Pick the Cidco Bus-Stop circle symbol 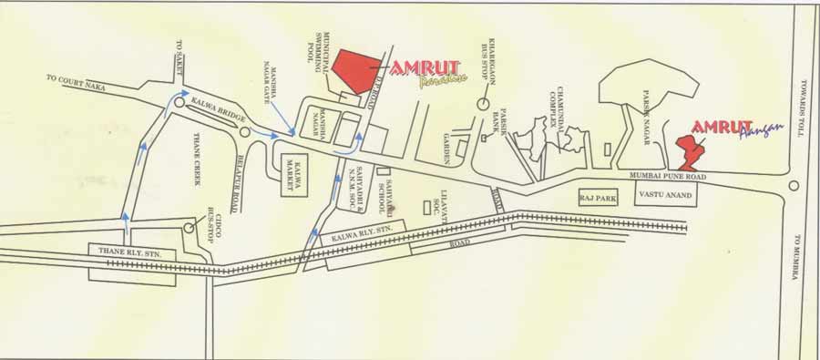(x=190, y=226)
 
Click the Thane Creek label (x=196, y=159)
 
